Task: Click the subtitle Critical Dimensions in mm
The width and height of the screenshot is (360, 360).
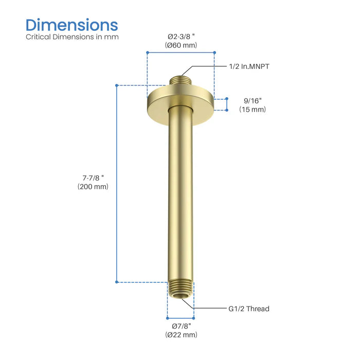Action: (x=72, y=37)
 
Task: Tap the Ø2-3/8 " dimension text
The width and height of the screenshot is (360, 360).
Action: (x=182, y=37)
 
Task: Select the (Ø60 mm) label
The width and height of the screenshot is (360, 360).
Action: (x=182, y=45)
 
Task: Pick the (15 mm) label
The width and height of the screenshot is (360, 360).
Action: (x=252, y=110)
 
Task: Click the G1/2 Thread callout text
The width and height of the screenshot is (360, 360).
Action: (x=249, y=309)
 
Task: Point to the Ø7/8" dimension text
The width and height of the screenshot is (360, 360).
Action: (x=181, y=326)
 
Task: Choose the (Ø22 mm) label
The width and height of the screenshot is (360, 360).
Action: (x=181, y=335)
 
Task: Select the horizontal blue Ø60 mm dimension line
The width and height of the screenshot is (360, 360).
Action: (x=181, y=52)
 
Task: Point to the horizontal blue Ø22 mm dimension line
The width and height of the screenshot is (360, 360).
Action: (x=181, y=318)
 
